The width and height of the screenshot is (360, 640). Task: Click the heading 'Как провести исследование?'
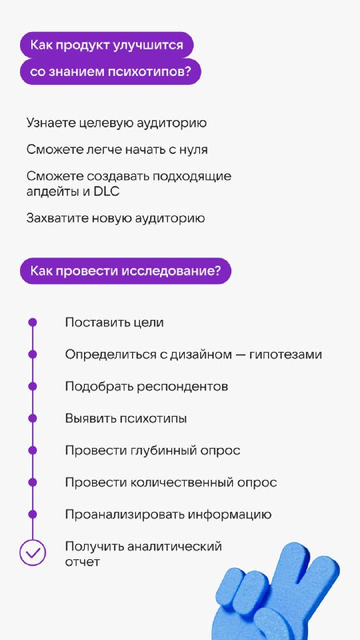pos(126,271)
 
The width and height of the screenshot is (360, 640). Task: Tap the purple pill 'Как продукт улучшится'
pos(106,45)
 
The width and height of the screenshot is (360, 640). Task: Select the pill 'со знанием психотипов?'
pos(110,72)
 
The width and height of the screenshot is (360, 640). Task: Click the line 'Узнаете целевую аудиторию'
pos(117,123)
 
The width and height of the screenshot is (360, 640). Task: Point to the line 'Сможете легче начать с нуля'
pos(117,150)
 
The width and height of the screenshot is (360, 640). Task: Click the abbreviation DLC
pos(106,192)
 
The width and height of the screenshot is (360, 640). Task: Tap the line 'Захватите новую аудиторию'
pos(116,218)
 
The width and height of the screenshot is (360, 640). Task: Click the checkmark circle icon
pos(33,553)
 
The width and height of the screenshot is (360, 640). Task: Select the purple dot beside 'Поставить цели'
pos(33,322)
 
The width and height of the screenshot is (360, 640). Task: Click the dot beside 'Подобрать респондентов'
pos(33,386)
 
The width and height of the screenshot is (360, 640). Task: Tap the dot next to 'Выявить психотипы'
pos(33,418)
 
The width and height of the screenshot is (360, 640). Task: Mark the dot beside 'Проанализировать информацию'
pos(33,514)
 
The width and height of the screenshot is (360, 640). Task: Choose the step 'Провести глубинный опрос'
pos(153,450)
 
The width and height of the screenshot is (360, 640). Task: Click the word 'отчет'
pos(82,562)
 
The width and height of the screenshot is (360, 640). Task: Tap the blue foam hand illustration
pos(277,591)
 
